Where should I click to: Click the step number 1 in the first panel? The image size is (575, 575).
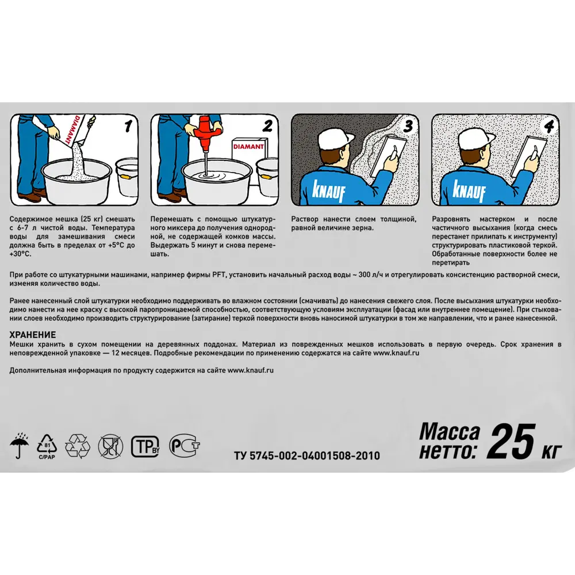coord(128,126)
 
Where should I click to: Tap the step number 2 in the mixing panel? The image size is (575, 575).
coord(268,126)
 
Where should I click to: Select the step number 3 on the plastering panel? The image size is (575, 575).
coord(408,126)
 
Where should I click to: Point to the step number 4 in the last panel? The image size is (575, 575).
coord(549,126)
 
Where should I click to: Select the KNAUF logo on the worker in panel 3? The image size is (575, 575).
coord(328,191)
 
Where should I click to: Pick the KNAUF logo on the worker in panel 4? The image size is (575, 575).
coord(469,191)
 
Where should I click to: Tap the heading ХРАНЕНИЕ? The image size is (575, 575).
coord(33,335)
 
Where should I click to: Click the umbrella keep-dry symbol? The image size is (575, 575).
coord(20,445)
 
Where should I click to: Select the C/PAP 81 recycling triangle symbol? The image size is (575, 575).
coord(47,447)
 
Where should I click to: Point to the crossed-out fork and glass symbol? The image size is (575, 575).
coord(110,446)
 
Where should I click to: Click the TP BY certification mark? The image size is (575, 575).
coord(145,446)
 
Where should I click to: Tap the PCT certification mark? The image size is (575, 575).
coord(184,446)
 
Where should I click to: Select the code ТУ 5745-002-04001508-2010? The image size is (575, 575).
coord(307,455)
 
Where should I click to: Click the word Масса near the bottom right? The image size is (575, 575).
coord(450,431)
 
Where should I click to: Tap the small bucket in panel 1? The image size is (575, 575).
coord(127,178)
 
